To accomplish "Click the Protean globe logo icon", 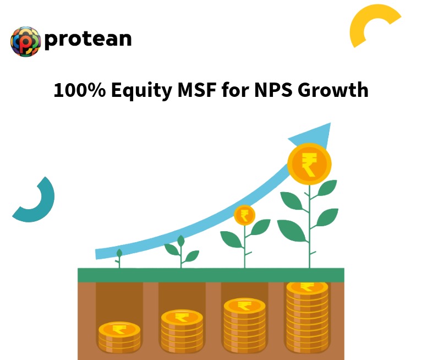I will [26, 41].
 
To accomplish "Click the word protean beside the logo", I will [88, 39].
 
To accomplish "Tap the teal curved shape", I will [36, 201].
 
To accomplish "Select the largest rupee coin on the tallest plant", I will [309, 163].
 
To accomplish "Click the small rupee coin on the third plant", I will [244, 215].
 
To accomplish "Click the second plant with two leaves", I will [181, 250].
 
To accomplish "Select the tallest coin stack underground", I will [307, 317].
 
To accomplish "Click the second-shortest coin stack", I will [182, 331].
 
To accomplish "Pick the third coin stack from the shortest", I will [244, 324].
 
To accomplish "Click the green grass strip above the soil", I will [211, 275].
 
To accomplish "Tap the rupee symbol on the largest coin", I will [309, 164].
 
